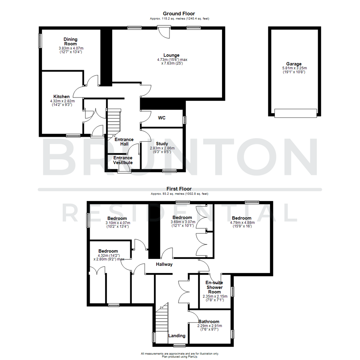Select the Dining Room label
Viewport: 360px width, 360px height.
[x=70, y=41]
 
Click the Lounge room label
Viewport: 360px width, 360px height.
[x=171, y=55]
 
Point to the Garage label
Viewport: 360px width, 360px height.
[x=293, y=64]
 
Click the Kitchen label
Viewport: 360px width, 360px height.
[x=61, y=96]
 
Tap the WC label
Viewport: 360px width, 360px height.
[x=162, y=118]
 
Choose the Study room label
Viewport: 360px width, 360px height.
[x=162, y=144]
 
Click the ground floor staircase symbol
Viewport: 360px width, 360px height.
[x=113, y=122]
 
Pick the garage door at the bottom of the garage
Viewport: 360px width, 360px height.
[x=295, y=113]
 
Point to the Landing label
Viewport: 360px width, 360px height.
[x=177, y=336]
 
